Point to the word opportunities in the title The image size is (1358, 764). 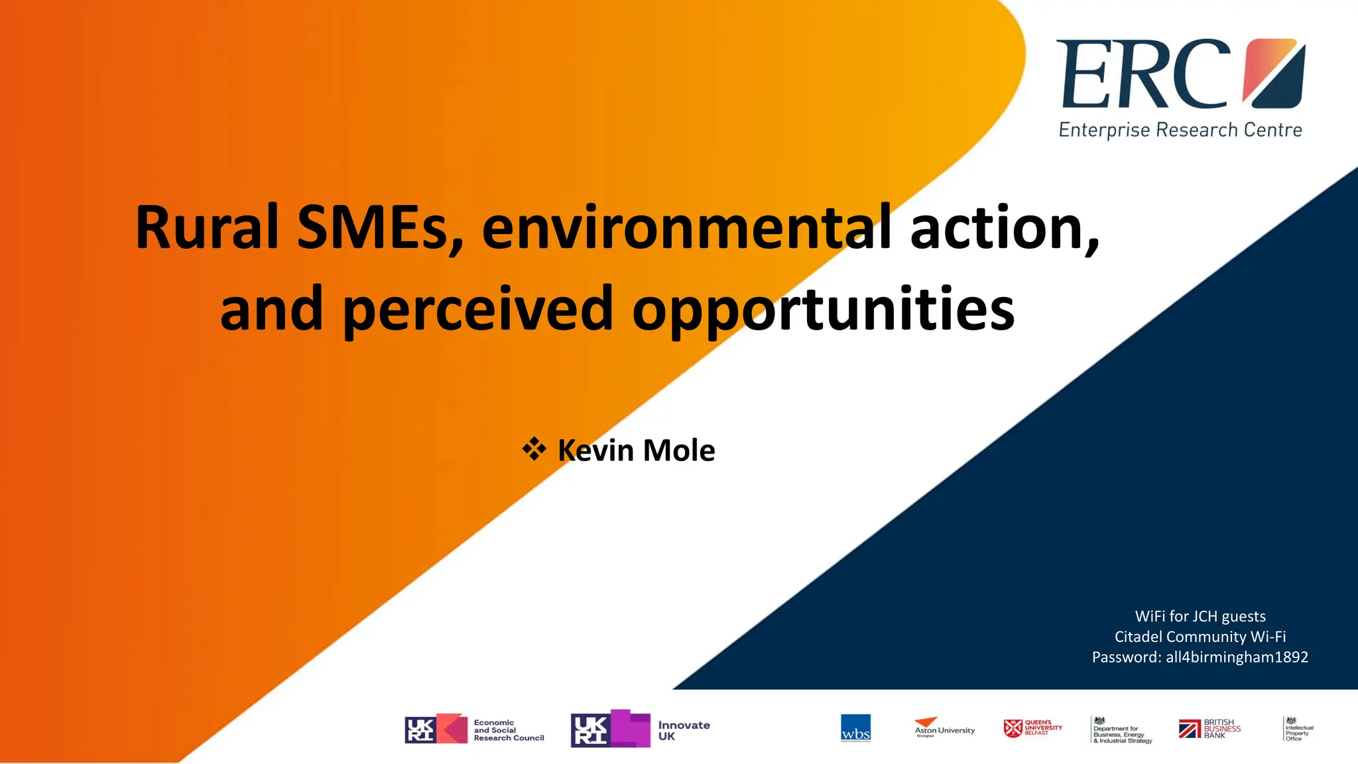coord(823,309)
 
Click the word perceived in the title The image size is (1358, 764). coord(477,309)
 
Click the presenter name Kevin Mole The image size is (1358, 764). coord(636,450)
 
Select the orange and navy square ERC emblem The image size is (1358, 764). coord(1274,73)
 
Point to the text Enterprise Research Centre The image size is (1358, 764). coord(1180,130)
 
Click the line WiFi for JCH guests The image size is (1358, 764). coord(1200,616)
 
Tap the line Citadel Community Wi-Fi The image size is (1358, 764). coord(1200,637)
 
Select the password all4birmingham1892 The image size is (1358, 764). coord(1237,657)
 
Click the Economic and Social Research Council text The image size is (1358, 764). coord(509,730)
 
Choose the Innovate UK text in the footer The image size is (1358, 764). coord(684,730)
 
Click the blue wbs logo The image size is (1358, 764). coord(855,728)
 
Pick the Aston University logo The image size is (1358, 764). coord(944,728)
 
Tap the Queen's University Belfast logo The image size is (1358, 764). coord(1032,728)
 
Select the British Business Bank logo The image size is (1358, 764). coord(1209,729)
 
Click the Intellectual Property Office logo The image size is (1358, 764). coord(1298,729)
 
